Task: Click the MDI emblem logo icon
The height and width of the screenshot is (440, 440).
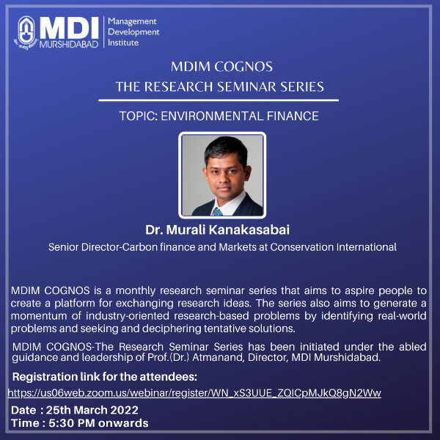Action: coord(26,32)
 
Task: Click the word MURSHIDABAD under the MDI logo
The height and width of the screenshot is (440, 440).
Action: coord(69,44)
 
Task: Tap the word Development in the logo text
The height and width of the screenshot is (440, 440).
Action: coord(133,32)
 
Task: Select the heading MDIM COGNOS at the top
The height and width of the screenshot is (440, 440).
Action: coord(221,67)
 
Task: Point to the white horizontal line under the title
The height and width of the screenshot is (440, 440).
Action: coord(219,100)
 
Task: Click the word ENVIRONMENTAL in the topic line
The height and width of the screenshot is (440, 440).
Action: coord(212,116)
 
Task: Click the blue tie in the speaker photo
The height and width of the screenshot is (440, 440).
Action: coord(218,212)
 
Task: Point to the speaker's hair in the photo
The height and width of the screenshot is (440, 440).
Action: coord(226,148)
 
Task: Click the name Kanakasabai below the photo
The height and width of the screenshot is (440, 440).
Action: coord(249,230)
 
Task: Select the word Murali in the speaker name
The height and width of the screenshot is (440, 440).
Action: coord(186,230)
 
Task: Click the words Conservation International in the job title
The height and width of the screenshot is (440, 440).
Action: coord(334,247)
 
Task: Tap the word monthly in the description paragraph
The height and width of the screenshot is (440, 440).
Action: coord(135,290)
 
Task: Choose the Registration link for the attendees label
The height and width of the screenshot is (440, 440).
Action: coord(105,377)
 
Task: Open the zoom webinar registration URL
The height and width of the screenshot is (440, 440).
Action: coord(194,393)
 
